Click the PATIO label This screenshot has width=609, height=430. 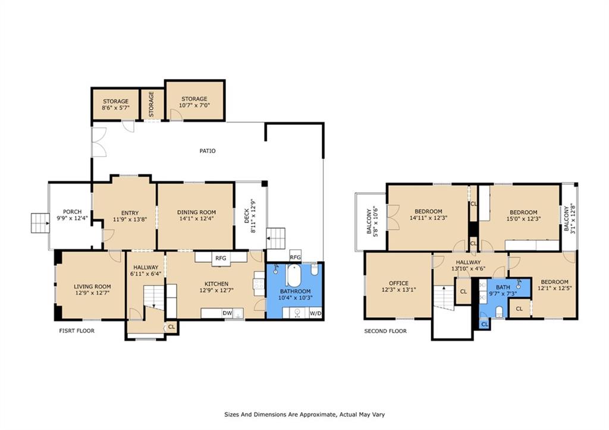[207, 151]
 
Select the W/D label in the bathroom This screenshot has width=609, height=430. [315, 313]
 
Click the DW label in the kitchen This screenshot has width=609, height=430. [227, 313]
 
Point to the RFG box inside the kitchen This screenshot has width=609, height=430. [221, 258]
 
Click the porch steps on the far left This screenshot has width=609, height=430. [39, 223]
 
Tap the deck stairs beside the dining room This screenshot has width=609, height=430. [276, 239]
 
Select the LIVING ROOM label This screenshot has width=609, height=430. [92, 287]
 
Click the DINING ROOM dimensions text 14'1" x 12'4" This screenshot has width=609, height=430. [196, 220]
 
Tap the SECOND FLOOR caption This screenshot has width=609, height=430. [385, 331]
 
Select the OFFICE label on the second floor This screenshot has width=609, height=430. [398, 283]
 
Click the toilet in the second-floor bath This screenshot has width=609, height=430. [500, 313]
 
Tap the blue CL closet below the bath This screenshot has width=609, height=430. [484, 325]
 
